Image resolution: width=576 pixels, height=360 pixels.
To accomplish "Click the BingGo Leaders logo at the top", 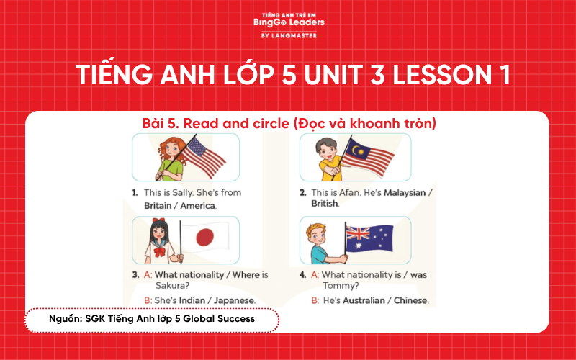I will [289, 23].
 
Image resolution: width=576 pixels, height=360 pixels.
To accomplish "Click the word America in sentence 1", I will [197, 205].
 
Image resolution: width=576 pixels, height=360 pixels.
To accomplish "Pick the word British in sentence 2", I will [325, 204].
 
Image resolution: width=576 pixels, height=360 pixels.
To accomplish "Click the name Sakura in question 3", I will [160, 286].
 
